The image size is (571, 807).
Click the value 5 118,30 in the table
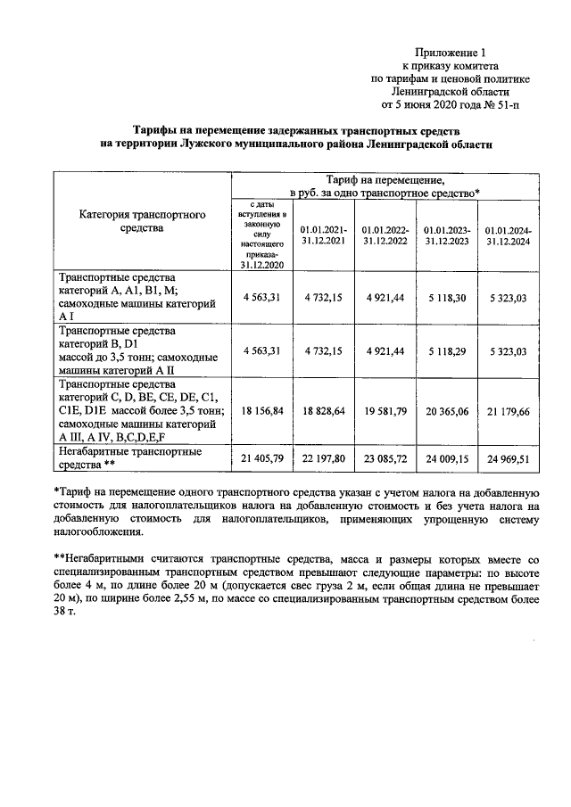point(442,297)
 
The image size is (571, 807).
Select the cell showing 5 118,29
point(442,350)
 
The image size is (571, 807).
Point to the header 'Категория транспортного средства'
point(143,222)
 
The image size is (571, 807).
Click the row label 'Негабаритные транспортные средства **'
point(129,458)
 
